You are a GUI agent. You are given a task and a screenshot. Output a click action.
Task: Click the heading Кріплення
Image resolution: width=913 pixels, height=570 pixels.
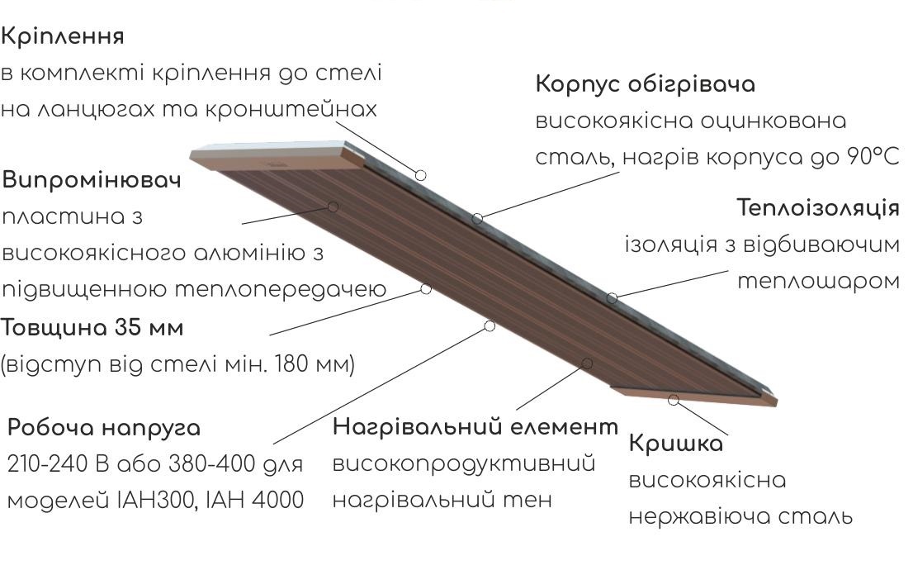pyautogui.click(x=62, y=36)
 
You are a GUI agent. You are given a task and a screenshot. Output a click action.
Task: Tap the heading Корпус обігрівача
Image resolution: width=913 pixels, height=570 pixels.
pyautogui.click(x=646, y=84)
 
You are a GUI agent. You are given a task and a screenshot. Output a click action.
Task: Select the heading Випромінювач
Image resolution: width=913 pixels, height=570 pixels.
pyautogui.click(x=92, y=179)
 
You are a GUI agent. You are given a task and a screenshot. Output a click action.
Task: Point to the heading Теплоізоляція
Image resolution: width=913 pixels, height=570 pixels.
pyautogui.click(x=818, y=207)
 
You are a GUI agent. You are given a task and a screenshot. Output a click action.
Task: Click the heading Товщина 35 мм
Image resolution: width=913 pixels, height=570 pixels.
pyautogui.click(x=92, y=328)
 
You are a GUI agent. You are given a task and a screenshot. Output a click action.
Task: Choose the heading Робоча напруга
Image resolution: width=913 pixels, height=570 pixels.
pyautogui.click(x=104, y=429)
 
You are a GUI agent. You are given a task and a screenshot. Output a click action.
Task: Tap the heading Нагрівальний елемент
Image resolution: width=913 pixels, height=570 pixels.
pyautogui.click(x=475, y=427)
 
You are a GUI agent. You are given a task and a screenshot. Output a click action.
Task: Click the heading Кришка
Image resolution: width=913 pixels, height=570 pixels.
pyautogui.click(x=676, y=444)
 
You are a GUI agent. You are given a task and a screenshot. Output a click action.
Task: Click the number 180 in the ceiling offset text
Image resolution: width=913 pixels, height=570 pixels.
pyautogui.click(x=290, y=363)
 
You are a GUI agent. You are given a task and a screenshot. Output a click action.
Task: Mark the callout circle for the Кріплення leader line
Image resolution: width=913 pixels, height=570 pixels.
pyautogui.click(x=420, y=175)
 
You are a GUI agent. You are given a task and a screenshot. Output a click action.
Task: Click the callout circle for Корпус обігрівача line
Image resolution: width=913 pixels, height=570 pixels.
pyautogui.click(x=477, y=219)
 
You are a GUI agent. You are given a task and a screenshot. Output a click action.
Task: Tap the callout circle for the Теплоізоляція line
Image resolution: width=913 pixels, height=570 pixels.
pyautogui.click(x=612, y=298)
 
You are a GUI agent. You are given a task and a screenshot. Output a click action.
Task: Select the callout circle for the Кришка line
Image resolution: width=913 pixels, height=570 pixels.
pyautogui.click(x=674, y=401)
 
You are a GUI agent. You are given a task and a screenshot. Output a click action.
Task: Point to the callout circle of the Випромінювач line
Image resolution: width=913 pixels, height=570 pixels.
pyautogui.click(x=333, y=207)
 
